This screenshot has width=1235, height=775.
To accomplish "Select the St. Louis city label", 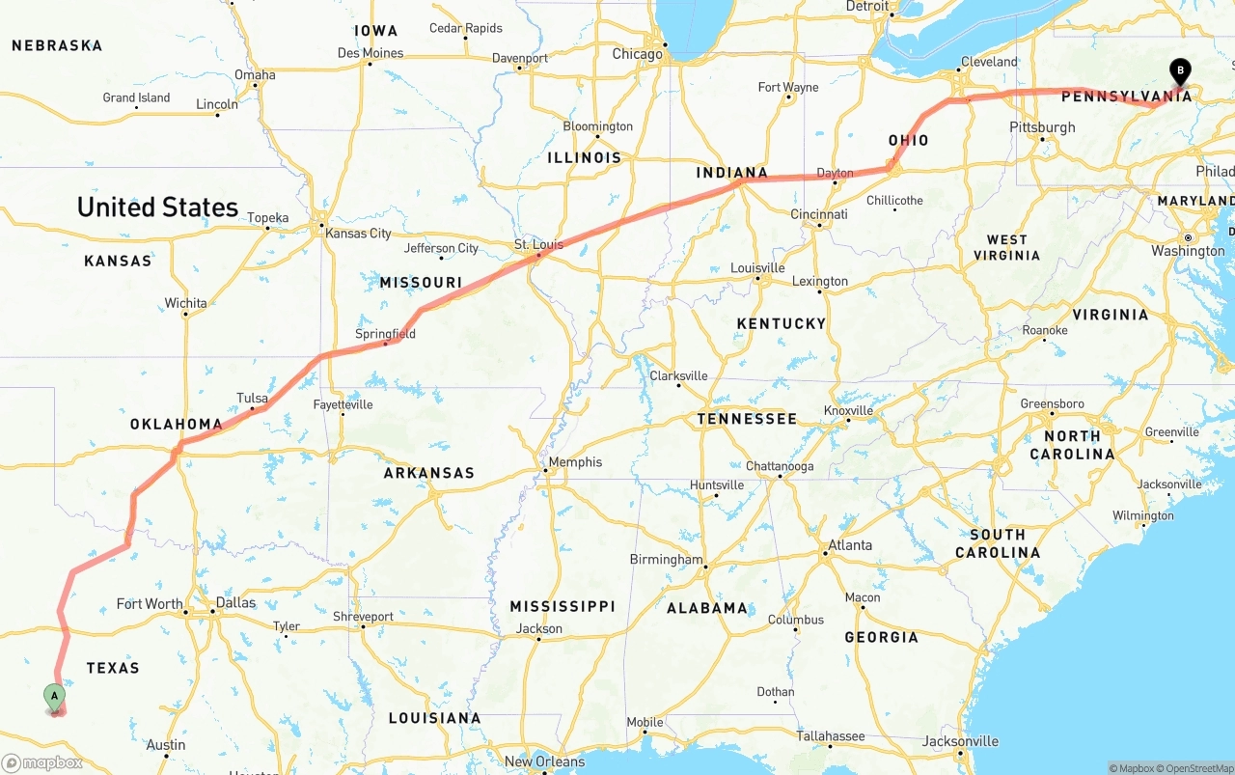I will click(538, 244).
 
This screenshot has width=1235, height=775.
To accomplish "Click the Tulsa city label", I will click(252, 398).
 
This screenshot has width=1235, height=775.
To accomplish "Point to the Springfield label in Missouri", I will click(385, 334).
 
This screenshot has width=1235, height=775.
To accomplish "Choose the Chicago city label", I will click(638, 54).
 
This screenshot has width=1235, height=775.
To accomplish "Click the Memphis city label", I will click(575, 462).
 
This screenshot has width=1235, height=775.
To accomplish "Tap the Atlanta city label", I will click(849, 545).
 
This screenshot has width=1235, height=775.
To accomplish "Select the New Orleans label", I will click(545, 761).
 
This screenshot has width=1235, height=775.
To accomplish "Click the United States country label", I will click(157, 208).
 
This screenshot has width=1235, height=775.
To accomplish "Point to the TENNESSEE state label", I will click(748, 419).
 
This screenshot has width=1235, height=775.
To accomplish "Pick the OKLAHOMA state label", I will click(177, 425).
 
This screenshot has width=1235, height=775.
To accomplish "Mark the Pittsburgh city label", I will click(1042, 127).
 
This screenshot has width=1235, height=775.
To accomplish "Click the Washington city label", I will click(1188, 251).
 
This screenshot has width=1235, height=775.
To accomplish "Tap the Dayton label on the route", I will click(835, 174).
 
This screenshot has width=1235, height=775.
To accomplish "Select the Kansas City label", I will click(359, 234).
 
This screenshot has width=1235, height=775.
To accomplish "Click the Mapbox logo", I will click(42, 762).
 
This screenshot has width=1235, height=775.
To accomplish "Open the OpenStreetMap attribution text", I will click(1194, 768).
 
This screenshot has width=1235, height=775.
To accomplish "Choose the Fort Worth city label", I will click(150, 604).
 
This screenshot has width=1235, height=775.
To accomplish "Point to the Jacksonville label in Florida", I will click(960, 741).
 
